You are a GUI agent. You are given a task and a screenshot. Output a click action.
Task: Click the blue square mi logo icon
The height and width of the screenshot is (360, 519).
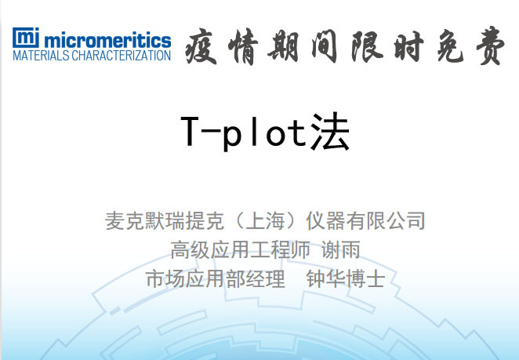26,38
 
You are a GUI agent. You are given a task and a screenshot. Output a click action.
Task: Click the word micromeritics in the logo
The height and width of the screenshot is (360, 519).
107,38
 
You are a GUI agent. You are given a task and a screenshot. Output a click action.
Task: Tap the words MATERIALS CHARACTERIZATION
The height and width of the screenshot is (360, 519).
92,56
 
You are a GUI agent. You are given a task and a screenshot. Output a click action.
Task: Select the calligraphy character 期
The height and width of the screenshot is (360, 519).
296,49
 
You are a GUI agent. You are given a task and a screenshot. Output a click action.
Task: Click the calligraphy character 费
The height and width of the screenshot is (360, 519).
492,49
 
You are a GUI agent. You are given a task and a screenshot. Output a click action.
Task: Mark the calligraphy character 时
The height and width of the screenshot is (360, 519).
423,49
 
